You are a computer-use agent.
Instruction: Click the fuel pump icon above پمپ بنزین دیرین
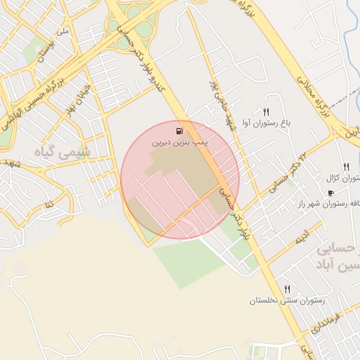click(181, 130)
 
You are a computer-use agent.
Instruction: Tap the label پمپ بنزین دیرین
click(180, 142)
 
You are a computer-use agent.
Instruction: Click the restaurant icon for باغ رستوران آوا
click(266, 112)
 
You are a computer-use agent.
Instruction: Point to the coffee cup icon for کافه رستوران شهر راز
click(330, 193)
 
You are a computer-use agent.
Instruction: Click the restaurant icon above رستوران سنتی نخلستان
click(287, 290)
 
